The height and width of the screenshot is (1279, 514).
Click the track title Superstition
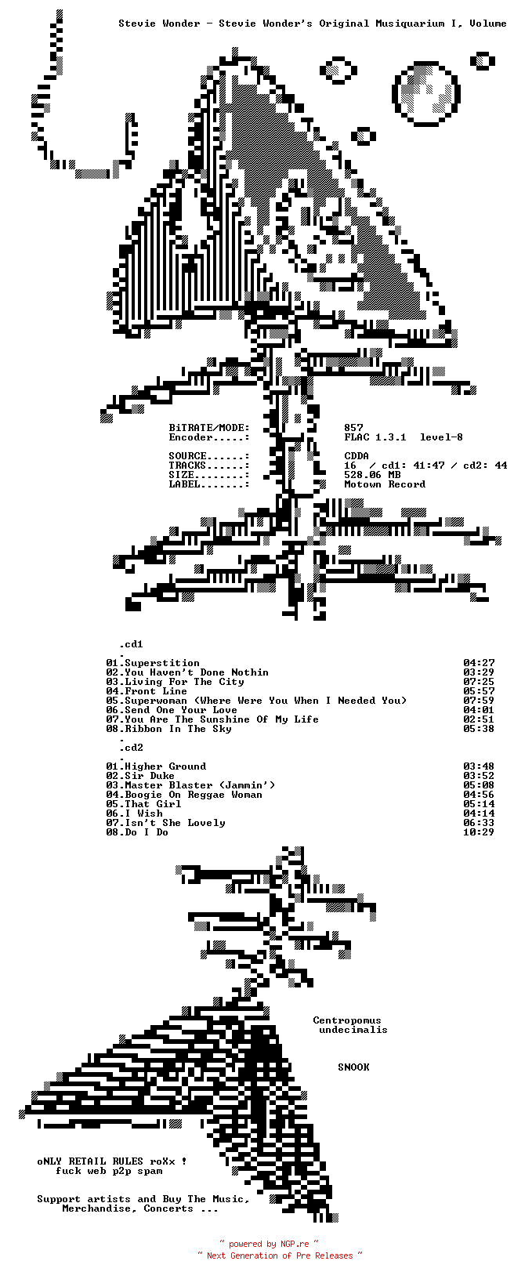click(162, 663)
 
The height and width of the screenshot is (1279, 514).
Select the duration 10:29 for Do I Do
click(478, 832)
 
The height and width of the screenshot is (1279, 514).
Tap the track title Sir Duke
click(150, 776)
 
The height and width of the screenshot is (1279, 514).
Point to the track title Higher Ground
click(165, 766)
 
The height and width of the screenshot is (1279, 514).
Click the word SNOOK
click(353, 1067)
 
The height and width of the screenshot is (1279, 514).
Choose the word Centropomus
click(347, 1020)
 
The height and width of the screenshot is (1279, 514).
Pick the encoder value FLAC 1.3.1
click(375, 437)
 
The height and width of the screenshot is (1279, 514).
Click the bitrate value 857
click(353, 428)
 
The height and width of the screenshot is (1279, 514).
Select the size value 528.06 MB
click(372, 475)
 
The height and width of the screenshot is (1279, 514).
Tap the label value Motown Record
click(385, 484)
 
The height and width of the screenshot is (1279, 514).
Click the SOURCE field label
click(188, 456)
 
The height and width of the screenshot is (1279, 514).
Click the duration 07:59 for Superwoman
click(478, 701)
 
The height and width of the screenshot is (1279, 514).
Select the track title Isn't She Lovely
click(175, 823)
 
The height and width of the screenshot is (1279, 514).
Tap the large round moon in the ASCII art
click(426, 94)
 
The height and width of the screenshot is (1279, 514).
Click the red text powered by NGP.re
click(269, 1244)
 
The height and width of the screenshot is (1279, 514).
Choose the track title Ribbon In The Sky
click(178, 729)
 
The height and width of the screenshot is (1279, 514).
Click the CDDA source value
click(357, 456)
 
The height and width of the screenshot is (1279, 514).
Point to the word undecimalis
click(353, 1030)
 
